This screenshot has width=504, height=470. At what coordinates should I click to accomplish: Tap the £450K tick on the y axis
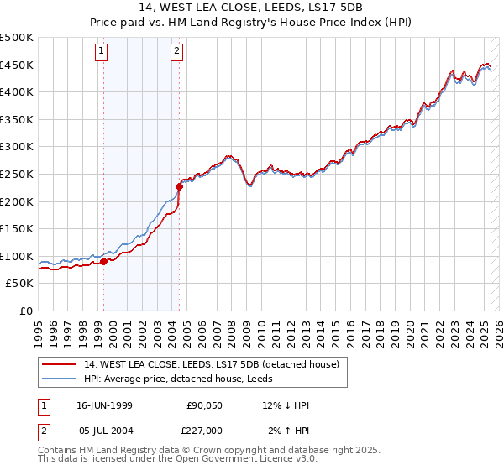click(17, 65)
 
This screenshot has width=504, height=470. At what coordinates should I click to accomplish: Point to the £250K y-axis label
click(17, 174)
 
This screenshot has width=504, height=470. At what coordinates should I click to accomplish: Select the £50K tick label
click(20, 284)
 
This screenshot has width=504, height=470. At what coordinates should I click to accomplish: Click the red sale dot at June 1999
click(104, 261)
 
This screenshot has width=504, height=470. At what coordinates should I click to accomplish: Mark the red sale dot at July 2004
click(179, 186)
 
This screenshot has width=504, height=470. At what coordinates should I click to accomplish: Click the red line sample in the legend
click(60, 364)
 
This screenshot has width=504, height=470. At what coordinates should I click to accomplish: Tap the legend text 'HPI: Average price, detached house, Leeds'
click(188, 379)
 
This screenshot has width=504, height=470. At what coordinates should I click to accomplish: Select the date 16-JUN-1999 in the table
click(104, 405)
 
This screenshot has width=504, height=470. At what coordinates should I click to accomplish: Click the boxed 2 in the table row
click(44, 431)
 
